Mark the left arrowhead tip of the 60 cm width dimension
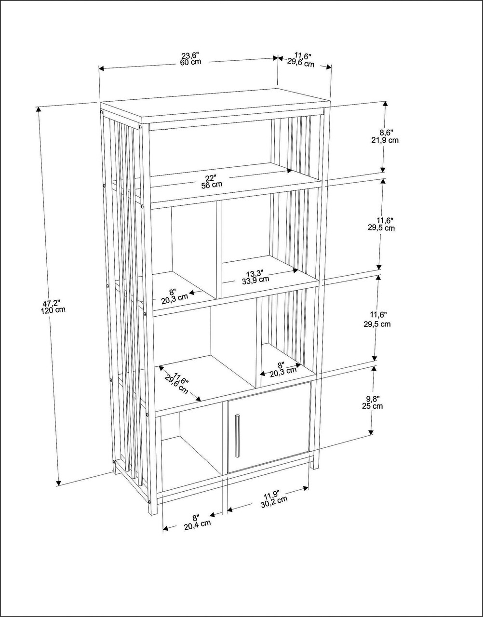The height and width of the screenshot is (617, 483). (99, 69)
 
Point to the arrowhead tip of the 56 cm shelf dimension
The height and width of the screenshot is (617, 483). (293, 171)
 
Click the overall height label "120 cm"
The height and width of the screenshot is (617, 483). (53, 309)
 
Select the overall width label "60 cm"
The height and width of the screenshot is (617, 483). (190, 62)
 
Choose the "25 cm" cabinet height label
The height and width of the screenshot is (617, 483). (372, 406)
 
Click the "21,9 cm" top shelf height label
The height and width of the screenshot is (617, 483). (385, 140)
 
